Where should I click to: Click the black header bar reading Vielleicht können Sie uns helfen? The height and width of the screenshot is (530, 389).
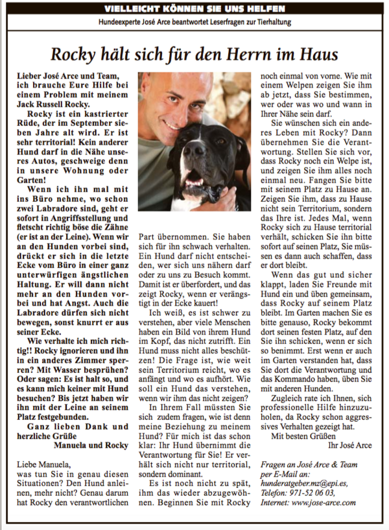tap(194, 9)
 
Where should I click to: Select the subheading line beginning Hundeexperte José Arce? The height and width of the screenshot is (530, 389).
tap(194, 22)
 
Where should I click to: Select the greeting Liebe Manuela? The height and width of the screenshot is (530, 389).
tap(44, 464)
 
